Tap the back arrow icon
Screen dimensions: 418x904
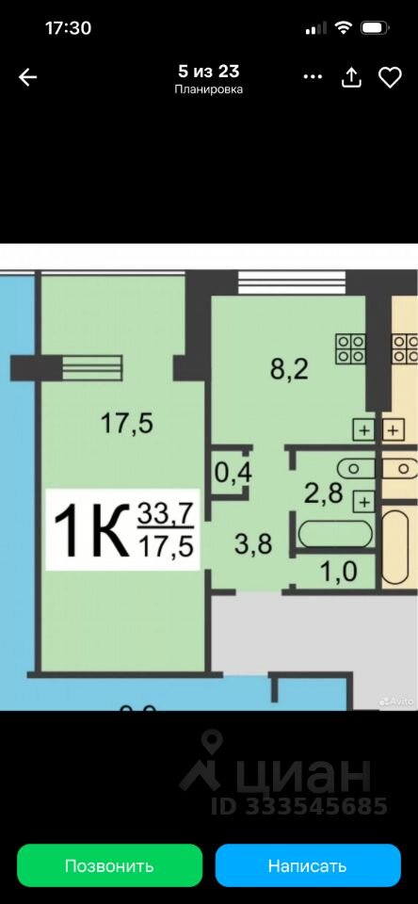pos(27,77)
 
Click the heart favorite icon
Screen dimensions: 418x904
pos(390,77)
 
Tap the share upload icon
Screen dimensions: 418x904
pos(351,77)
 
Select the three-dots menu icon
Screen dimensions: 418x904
pos(313,76)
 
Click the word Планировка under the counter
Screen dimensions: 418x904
pos(208,89)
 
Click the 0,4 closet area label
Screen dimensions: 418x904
pos(233,474)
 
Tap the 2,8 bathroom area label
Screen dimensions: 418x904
pos(324,492)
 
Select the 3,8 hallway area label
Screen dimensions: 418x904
pos(253,542)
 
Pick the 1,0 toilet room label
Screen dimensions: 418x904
pos(339,572)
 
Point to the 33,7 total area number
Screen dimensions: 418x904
pos(165,513)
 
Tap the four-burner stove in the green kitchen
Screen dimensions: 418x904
pos(351,348)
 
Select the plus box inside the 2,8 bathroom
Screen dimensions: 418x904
pos(363,501)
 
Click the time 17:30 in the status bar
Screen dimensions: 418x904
pos(68,28)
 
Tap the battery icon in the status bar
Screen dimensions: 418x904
pos(374,27)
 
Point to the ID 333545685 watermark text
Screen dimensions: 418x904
pos(298,805)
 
